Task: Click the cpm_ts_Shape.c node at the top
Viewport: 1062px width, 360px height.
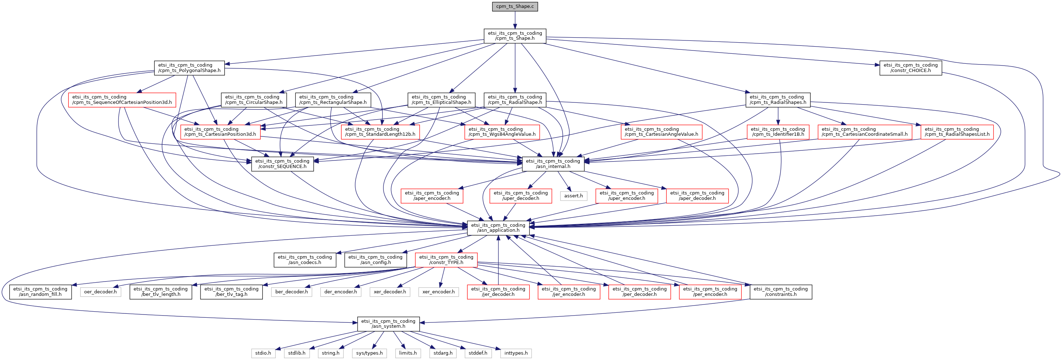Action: (x=515, y=6)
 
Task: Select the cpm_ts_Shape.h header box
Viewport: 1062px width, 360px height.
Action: (x=515, y=36)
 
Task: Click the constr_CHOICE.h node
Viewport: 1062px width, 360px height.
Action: (x=910, y=68)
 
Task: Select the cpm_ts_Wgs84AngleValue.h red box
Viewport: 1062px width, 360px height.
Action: (x=502, y=132)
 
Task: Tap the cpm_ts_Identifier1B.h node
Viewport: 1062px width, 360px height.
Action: (x=778, y=132)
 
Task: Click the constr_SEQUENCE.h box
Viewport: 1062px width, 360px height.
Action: (x=283, y=164)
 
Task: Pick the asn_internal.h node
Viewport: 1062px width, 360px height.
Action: (x=553, y=164)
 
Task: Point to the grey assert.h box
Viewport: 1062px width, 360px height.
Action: (x=574, y=196)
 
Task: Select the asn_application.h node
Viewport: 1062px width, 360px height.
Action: (x=498, y=227)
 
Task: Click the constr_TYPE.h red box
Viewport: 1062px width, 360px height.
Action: (x=446, y=260)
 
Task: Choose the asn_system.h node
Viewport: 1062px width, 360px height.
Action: (x=388, y=324)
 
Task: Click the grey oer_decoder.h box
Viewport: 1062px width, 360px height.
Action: (x=100, y=292)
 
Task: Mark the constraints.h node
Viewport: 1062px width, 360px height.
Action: (x=781, y=292)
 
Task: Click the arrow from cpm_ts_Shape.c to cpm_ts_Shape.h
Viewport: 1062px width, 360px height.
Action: (x=515, y=20)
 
